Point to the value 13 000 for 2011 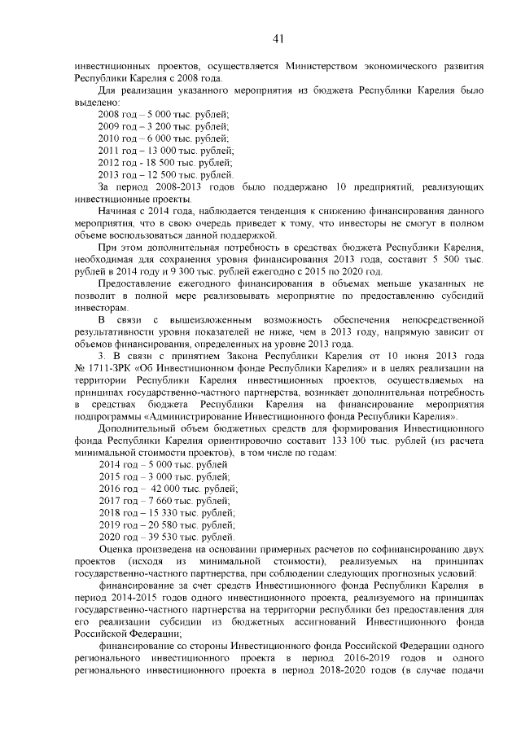[160, 151]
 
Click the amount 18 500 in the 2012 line [160, 163]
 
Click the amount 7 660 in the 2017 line [157, 501]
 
